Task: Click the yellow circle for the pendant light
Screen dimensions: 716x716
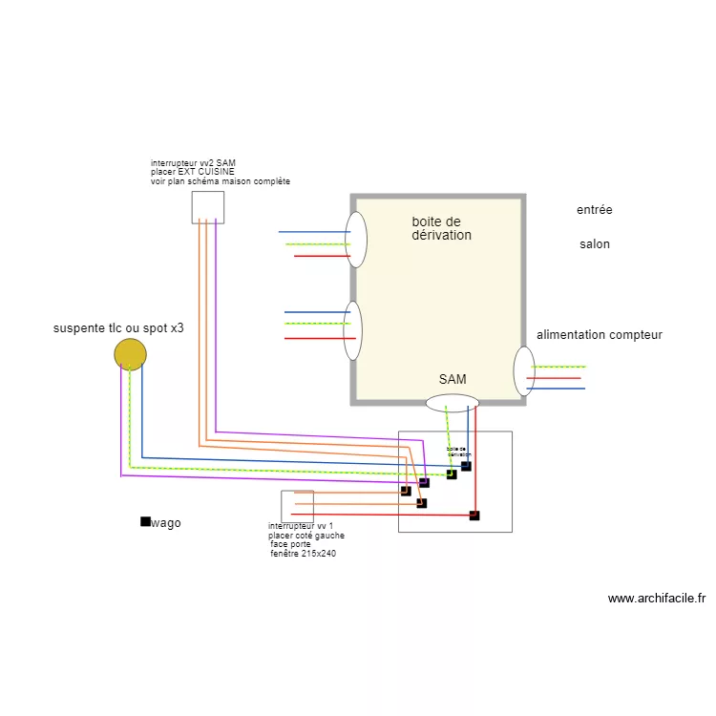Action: point(130,354)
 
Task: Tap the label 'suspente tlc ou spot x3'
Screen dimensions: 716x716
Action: point(118,328)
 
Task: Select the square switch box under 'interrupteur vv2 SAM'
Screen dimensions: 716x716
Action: point(207,207)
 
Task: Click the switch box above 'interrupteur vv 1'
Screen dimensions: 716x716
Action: point(297,506)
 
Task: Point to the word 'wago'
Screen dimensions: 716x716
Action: point(166,523)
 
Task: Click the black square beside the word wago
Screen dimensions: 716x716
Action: point(145,521)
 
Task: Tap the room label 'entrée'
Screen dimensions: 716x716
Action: point(595,210)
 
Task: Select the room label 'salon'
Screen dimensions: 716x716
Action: point(595,244)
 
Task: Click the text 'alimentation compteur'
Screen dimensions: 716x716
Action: point(600,335)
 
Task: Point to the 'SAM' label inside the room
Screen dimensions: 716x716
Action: point(453,380)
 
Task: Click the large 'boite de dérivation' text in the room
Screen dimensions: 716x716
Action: point(441,228)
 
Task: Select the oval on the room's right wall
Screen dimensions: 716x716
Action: point(524,371)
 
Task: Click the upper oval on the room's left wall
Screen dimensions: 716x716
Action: point(356,240)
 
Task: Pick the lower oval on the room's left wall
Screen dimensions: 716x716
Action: point(353,330)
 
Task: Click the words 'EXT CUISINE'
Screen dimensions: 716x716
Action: point(207,172)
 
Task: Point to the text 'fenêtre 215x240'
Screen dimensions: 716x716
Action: point(303,554)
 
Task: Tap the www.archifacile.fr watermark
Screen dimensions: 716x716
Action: point(656,599)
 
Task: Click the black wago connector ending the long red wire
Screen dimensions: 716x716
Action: point(474,516)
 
